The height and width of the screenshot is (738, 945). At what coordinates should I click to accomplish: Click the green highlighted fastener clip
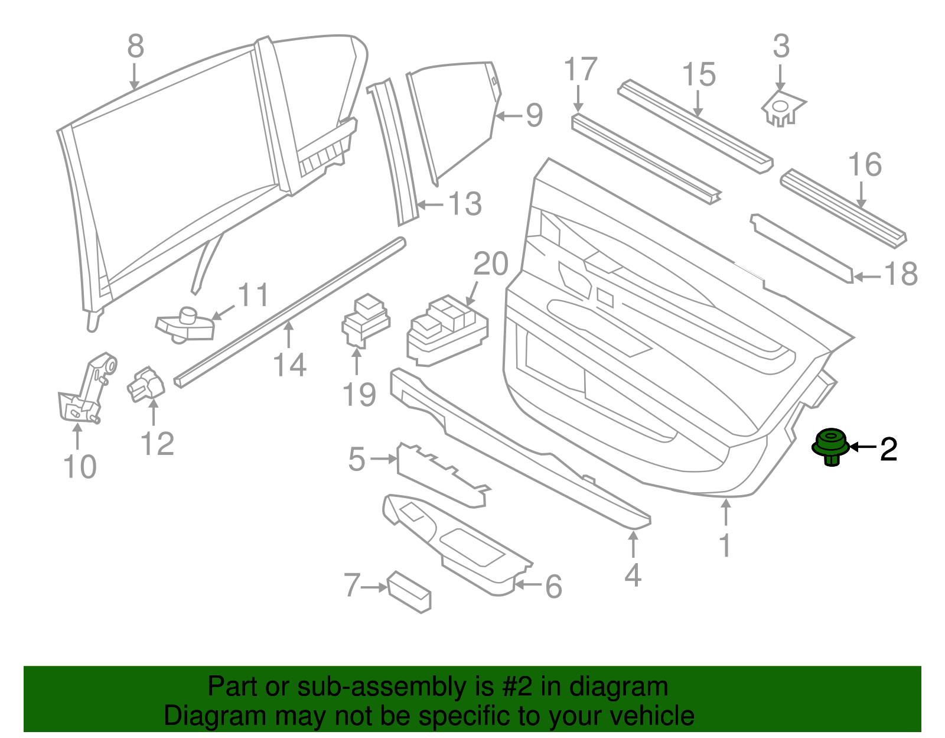831,447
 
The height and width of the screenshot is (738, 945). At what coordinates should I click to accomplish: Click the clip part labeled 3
781,109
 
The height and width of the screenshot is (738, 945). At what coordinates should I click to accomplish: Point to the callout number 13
465,204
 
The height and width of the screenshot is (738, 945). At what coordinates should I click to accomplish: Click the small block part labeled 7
409,591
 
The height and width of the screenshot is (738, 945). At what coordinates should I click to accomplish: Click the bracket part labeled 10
86,391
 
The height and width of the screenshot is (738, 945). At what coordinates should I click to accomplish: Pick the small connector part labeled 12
145,385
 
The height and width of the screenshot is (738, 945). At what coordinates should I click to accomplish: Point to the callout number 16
865,165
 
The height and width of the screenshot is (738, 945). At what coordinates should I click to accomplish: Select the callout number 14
289,365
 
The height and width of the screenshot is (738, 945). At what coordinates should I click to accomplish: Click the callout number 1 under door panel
725,545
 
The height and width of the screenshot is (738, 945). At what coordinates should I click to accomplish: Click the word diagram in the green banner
631,687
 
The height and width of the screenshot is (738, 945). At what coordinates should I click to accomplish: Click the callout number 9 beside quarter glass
534,115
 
